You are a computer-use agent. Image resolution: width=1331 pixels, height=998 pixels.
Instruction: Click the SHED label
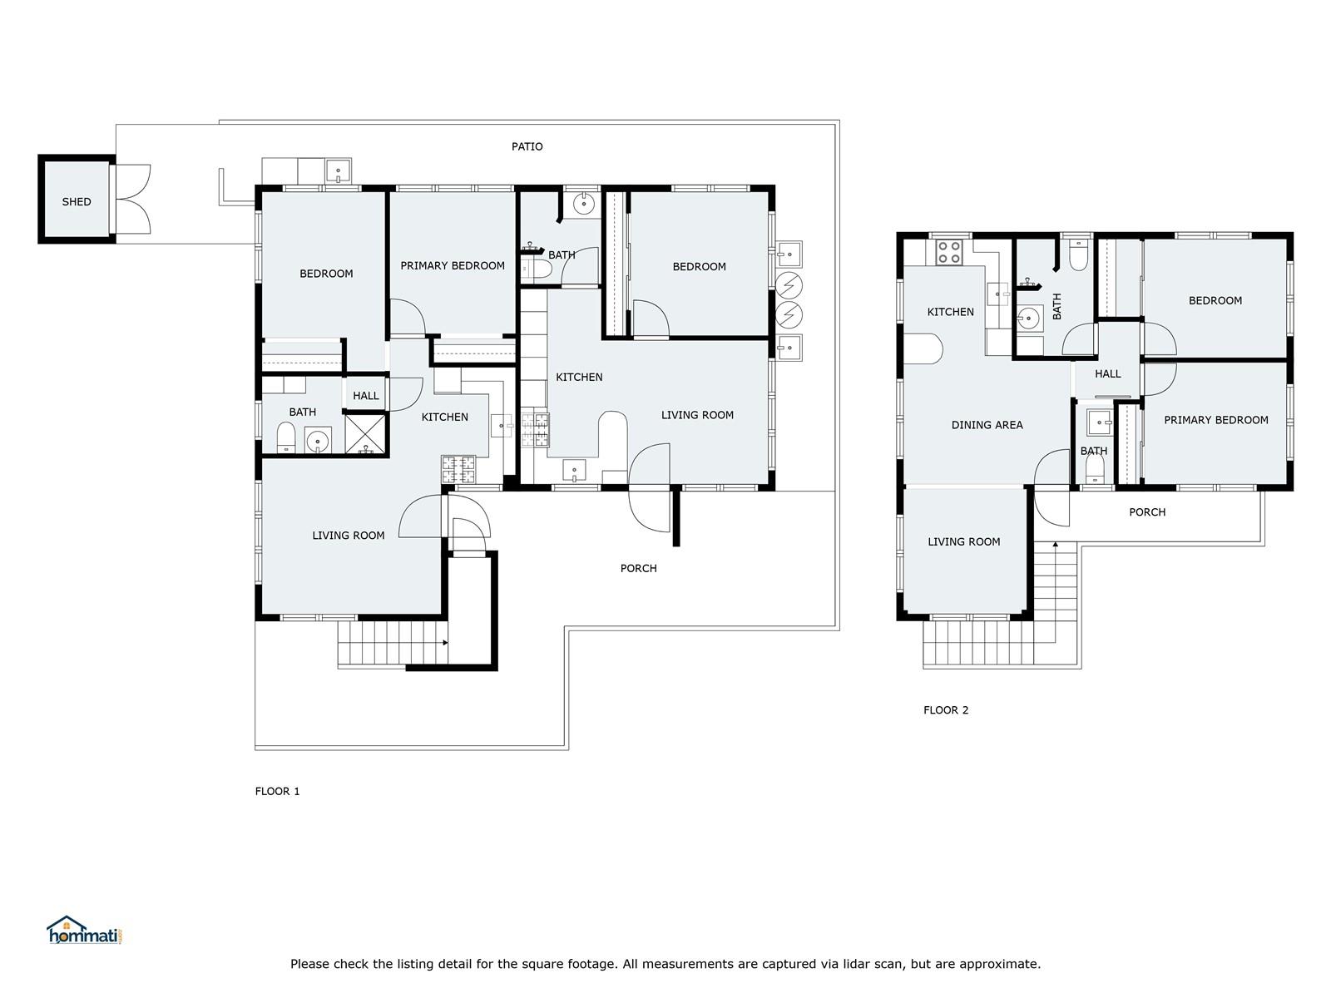coord(77,202)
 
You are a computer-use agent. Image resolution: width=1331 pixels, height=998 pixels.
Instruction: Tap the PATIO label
coord(527,146)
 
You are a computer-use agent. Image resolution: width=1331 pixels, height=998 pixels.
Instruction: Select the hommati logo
coord(85,930)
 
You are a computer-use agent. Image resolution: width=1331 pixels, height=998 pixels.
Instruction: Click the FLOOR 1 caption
coord(277,792)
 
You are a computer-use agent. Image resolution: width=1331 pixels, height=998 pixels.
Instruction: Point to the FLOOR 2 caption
coord(946,710)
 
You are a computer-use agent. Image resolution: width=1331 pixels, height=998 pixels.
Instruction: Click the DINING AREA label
coord(987,425)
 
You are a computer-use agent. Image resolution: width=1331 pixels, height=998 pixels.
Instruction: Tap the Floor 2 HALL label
coord(1108,374)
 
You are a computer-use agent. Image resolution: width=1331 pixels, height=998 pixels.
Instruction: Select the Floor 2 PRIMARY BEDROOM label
coord(1216,420)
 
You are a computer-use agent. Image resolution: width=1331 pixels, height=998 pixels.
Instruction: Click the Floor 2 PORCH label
coord(1147,512)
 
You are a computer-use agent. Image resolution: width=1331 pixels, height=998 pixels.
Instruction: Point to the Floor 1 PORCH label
coord(639,568)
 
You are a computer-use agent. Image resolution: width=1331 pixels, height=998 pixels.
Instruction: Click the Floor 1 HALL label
coord(366,396)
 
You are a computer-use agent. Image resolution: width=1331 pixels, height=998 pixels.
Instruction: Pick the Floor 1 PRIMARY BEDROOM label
coord(453,265)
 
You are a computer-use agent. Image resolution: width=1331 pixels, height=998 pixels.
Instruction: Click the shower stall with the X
coord(365,434)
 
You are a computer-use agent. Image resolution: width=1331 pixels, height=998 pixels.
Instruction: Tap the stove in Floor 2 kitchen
coord(949,252)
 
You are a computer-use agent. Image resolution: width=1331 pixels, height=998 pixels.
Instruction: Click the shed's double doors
coord(132,199)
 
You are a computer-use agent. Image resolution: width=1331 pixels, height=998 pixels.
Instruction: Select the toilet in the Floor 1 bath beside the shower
coord(286,437)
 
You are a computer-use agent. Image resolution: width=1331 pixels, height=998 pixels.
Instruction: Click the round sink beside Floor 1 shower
coord(318,440)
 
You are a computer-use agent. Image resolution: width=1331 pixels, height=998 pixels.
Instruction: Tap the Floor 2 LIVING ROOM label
coord(963,541)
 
